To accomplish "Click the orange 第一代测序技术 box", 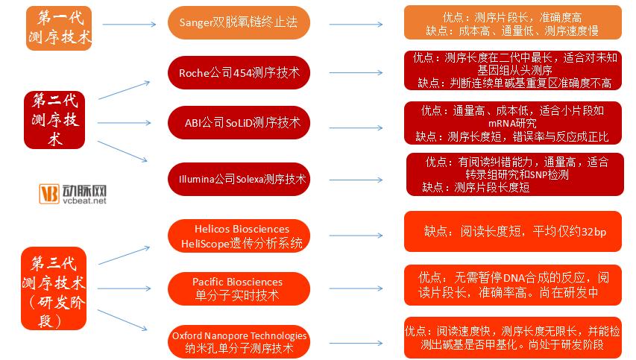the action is [59, 28].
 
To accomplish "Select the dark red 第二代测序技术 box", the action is [54, 119].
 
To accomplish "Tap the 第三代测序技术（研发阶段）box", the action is [54, 288].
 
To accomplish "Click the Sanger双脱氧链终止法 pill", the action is [239, 22].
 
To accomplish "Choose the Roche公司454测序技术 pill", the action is [239, 72].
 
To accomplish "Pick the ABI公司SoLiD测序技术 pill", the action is [239, 122].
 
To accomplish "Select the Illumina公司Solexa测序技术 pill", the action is [239, 179].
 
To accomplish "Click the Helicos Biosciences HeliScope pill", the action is [239, 236].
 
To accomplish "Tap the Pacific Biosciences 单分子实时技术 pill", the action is [239, 288].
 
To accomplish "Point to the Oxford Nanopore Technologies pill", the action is [239, 342].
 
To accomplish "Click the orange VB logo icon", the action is [49, 193].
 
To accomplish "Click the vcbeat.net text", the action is [84, 200].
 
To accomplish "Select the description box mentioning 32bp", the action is [513, 232].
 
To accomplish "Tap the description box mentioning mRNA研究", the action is [513, 123].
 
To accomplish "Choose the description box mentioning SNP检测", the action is [515, 174].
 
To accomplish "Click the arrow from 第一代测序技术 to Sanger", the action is [129, 25].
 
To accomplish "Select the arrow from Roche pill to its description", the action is [356, 72].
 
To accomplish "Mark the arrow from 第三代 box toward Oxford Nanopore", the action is [122, 320].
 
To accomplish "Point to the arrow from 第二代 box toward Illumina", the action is [122, 151].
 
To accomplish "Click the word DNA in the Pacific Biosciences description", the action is [514, 278].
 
